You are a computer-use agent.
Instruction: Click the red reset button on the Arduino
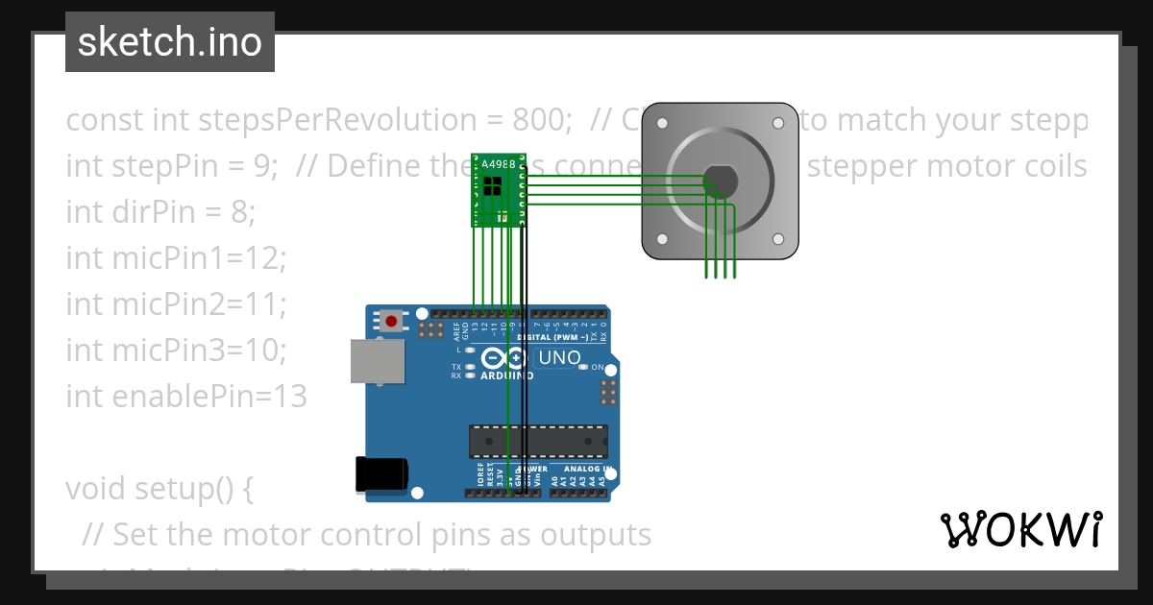pos(392,320)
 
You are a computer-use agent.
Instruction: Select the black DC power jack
pos(380,474)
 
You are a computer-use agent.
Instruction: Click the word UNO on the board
pos(560,358)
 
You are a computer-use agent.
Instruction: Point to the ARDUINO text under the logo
pos(507,375)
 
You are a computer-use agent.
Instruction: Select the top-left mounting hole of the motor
pos(662,123)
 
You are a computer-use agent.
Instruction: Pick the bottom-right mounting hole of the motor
pos(777,238)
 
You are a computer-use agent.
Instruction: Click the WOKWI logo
pos(1020,529)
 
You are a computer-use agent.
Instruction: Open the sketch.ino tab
pos(170,42)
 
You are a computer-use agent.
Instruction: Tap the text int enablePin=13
pos(186,396)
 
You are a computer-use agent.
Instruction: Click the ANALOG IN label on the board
pos(584,470)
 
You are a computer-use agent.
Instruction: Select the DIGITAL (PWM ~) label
pos(561,337)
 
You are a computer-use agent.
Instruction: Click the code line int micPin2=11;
pos(177,303)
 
